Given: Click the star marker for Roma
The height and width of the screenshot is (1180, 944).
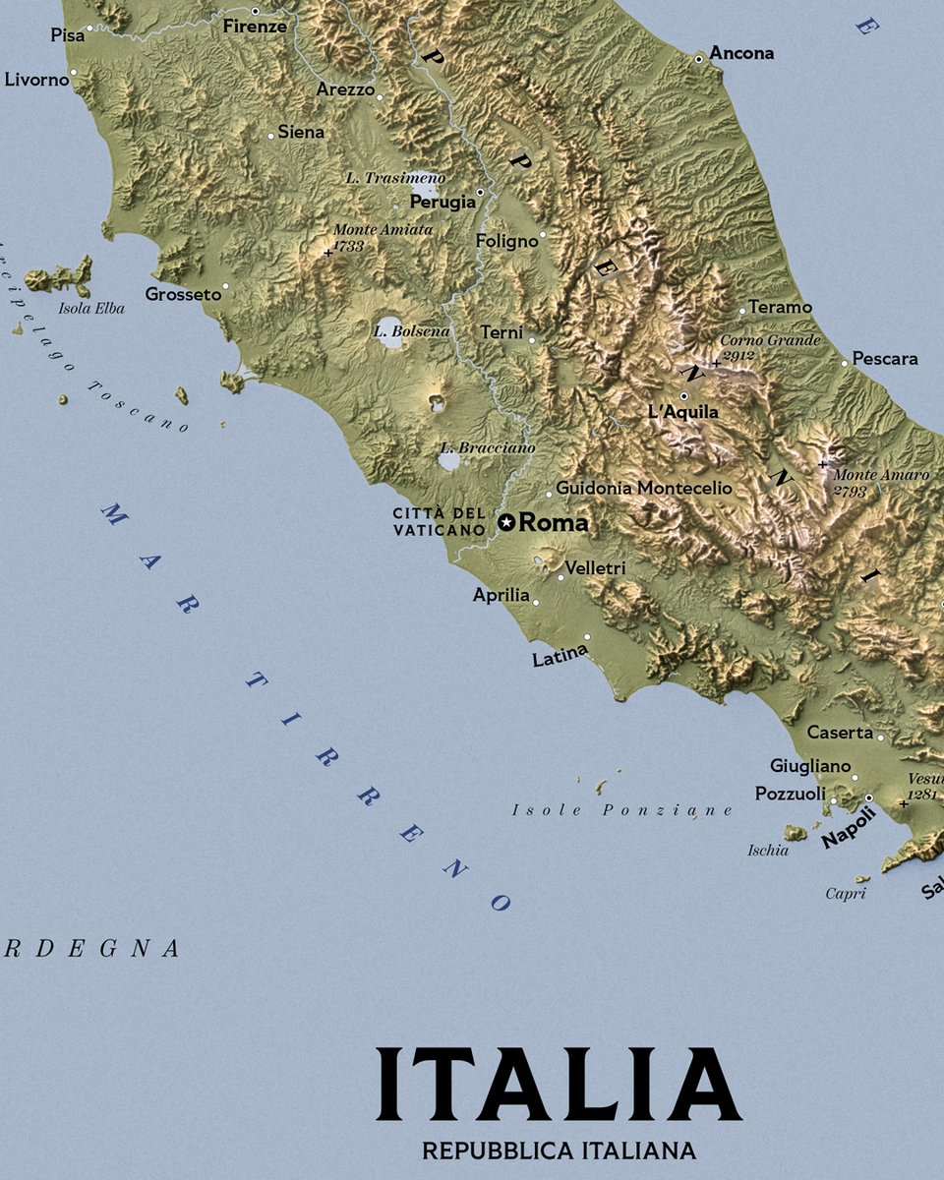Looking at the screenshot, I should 506,523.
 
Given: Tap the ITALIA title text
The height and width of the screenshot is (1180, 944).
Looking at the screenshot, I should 558,1085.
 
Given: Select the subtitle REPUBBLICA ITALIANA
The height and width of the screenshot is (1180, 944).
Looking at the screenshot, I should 559,1150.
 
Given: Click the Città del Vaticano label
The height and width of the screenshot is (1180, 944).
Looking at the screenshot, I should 440,522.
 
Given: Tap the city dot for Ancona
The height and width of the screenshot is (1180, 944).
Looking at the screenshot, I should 699,59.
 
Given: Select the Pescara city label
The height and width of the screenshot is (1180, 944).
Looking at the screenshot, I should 885,359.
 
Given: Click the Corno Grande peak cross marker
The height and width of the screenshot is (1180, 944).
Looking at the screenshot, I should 717,363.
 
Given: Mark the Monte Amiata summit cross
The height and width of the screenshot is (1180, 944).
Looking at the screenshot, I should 327,253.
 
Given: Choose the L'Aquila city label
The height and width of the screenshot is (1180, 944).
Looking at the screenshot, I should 683,412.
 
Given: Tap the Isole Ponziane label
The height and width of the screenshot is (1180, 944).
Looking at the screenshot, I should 621,810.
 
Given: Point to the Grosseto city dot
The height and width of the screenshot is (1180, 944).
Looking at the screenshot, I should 225,286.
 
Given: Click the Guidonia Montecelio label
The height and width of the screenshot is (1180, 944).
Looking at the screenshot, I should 644,488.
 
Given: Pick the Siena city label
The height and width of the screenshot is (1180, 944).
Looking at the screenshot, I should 301,132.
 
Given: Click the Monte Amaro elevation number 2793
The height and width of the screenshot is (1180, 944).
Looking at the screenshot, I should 850,491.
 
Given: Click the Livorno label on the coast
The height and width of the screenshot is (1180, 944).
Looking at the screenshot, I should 36,80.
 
